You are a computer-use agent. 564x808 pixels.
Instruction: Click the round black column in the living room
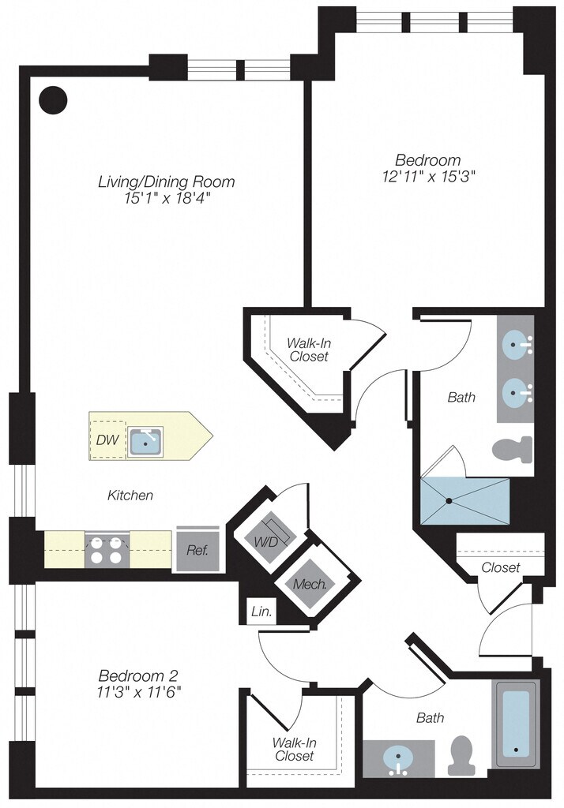click(x=54, y=100)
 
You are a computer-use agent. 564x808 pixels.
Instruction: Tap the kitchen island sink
click(x=146, y=442)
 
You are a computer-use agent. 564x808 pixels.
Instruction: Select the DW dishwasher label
click(x=107, y=440)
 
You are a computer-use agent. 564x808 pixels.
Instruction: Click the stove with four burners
click(x=107, y=550)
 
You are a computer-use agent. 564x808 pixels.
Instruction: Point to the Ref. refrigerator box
click(x=198, y=549)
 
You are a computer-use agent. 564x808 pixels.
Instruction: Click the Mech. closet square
click(x=310, y=584)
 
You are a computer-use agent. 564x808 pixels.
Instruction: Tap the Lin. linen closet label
click(x=261, y=612)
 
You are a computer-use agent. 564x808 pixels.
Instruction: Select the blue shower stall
click(x=465, y=500)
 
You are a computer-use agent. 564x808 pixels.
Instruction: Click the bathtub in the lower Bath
click(x=516, y=724)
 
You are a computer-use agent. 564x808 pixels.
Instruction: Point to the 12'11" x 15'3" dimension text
click(x=429, y=176)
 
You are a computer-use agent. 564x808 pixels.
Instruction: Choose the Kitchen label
click(x=130, y=496)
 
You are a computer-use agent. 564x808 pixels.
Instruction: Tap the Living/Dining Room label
click(x=166, y=181)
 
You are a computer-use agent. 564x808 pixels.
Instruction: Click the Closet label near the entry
click(x=501, y=567)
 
